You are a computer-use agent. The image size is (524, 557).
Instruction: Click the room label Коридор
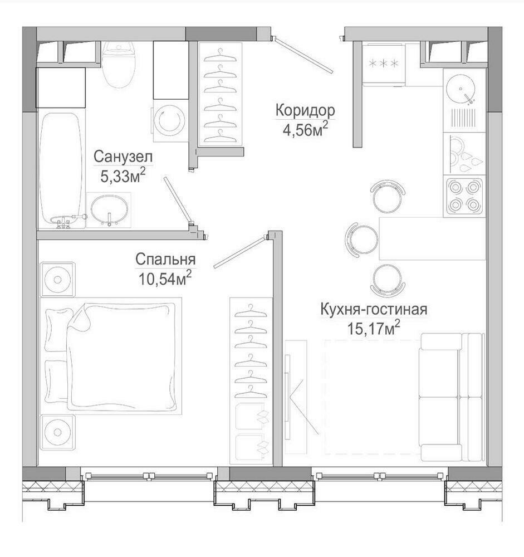tap(305, 110)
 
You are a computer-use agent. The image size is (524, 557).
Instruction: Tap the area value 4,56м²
tap(305, 129)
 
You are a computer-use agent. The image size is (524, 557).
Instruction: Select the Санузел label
tap(123, 157)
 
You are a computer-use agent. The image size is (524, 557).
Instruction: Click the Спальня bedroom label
tap(165, 260)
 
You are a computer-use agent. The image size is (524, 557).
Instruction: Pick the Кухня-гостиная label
tap(374, 309)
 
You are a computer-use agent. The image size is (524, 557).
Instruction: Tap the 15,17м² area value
tap(374, 328)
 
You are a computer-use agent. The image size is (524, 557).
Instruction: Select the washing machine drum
tap(171, 121)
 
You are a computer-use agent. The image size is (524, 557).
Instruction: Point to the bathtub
tap(61, 170)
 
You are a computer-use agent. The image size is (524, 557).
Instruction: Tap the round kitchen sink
tap(461, 89)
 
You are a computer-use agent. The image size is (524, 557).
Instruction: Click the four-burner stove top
tap(463, 196)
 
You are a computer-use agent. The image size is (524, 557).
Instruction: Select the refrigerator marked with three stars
tap(384, 64)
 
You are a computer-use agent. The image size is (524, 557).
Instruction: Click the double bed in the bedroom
tap(111, 355)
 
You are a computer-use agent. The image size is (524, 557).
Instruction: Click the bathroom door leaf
tap(178, 199)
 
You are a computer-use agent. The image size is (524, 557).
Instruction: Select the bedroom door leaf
tap(240, 252)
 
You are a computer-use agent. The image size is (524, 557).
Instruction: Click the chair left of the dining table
tap(360, 239)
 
